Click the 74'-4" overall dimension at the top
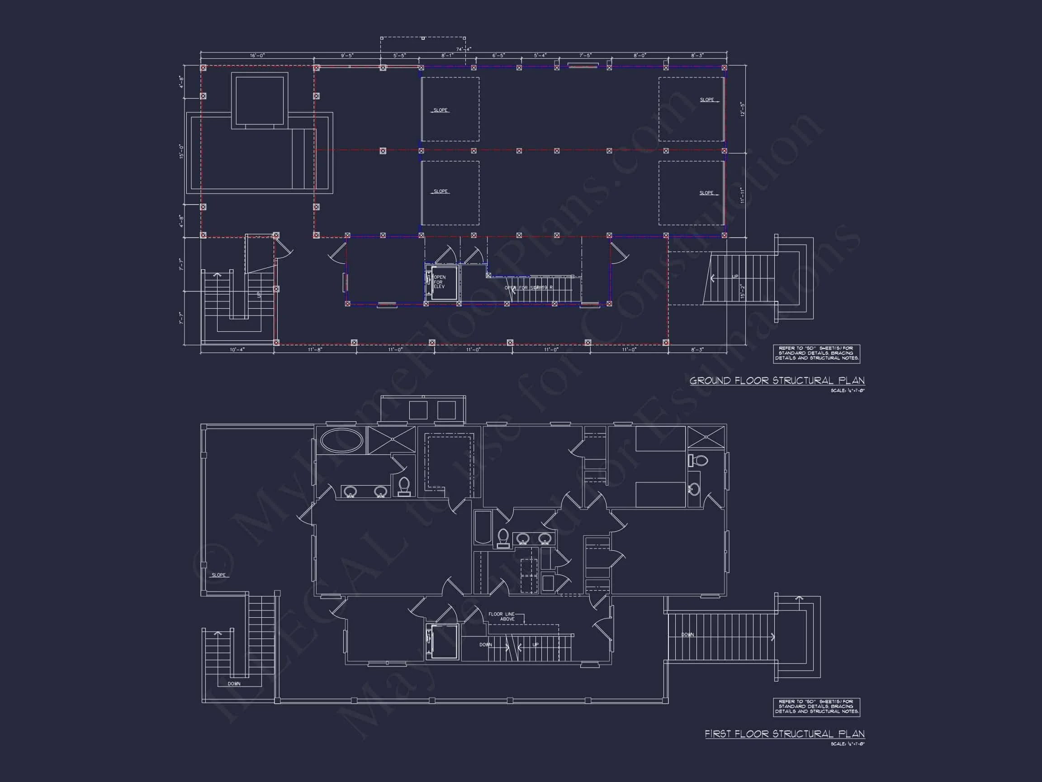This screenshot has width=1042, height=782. coord(464,49)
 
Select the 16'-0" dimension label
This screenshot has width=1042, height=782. coord(257,56)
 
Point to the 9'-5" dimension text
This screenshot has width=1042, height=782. coord(347,56)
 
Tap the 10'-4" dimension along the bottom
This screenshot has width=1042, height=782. coord(237,350)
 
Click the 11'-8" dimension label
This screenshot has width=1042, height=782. coord(315,350)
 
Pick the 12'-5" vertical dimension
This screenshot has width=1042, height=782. coord(742,109)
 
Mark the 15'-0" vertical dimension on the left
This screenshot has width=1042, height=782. coord(181,151)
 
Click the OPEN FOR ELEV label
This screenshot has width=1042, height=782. coord(439,282)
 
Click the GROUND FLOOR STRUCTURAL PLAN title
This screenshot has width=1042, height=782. coord(777,381)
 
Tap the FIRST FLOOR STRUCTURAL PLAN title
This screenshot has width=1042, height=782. coord(784,734)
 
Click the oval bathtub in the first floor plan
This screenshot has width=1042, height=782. coord(341,441)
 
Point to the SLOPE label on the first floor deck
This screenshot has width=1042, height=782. coord(218,575)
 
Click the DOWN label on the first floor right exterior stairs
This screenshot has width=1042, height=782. coord(687,634)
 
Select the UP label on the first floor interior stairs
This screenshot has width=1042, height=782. coord(535,645)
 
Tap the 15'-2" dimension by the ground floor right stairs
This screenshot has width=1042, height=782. coord(743,291)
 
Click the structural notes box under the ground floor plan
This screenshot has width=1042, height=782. coord(816,353)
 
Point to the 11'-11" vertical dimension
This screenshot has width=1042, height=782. coord(742,195)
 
